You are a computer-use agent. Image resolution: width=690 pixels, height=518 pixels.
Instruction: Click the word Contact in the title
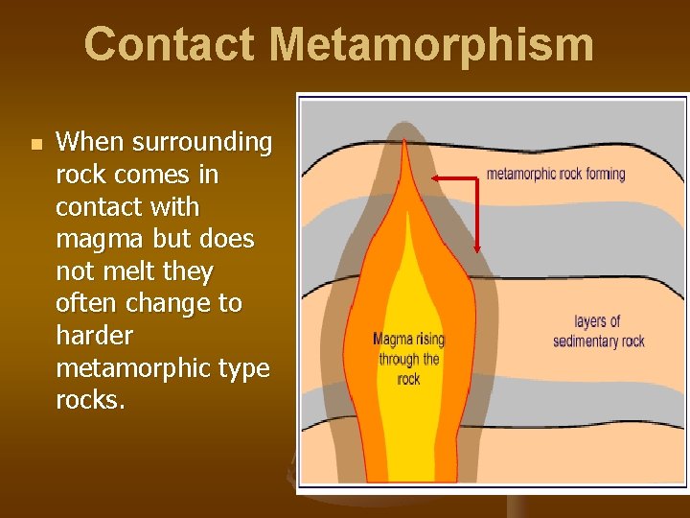tap(169, 44)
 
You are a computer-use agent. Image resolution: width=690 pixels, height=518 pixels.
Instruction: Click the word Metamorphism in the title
tap(431, 44)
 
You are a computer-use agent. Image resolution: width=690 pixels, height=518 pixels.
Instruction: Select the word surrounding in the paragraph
tap(202, 143)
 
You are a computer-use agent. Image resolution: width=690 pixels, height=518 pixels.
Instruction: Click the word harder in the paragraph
tap(96, 337)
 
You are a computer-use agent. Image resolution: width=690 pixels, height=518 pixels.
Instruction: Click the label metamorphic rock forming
tap(556, 174)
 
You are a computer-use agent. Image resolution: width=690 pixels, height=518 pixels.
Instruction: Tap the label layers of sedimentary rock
tap(598, 331)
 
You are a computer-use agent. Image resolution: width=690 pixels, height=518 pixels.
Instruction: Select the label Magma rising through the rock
tap(409, 359)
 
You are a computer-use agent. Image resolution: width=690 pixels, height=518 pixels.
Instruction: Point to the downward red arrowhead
tap(478, 248)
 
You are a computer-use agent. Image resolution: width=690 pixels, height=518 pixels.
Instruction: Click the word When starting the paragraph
tap(90, 143)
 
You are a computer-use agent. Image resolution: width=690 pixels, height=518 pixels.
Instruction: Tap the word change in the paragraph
tap(168, 304)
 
